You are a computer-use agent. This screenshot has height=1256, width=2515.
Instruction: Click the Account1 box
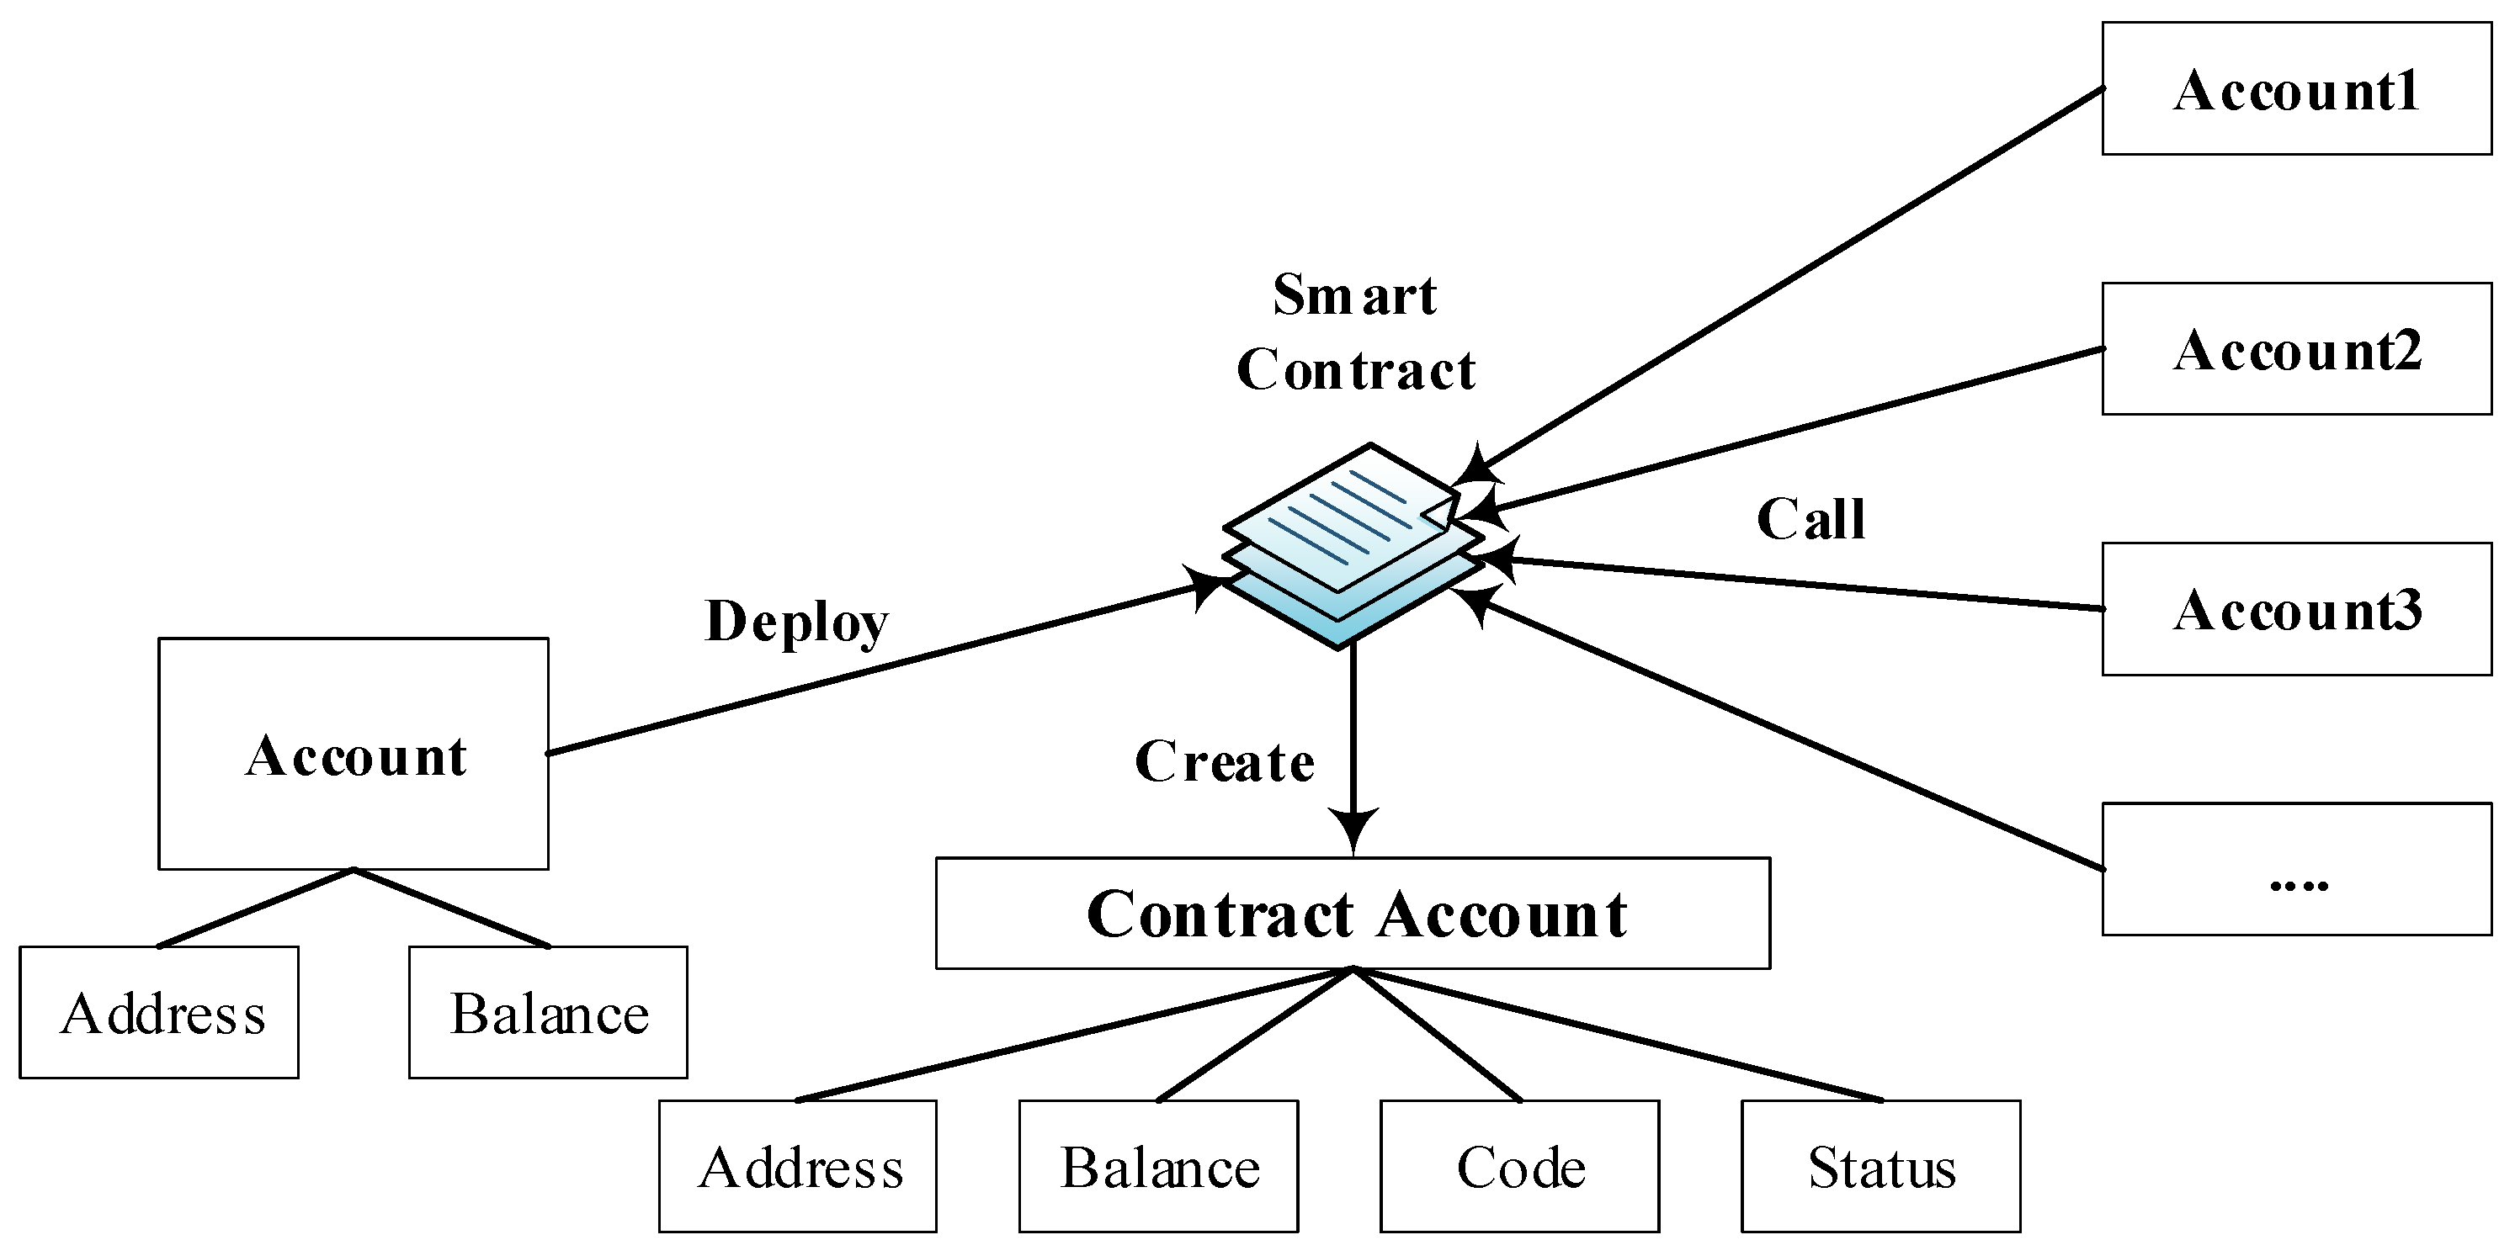(x=2295, y=89)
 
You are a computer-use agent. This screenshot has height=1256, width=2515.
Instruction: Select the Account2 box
(x=2295, y=349)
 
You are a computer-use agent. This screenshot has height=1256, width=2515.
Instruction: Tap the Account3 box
(x=2295, y=609)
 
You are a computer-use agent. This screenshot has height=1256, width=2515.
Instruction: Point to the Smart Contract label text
(x=1355, y=331)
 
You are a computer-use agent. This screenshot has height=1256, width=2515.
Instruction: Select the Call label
(x=1810, y=518)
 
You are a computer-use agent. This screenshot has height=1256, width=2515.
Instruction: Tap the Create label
(x=1225, y=761)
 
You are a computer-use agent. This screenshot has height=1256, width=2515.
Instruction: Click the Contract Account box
(x=1353, y=914)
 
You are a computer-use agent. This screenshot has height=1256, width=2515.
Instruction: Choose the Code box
(x=1519, y=1166)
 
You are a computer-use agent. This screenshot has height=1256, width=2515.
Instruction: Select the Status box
(x=1880, y=1166)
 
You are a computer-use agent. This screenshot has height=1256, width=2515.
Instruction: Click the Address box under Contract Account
(x=798, y=1166)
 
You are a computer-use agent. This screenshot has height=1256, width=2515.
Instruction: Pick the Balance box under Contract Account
(x=1158, y=1166)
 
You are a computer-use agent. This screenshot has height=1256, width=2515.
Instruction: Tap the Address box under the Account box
(x=159, y=1012)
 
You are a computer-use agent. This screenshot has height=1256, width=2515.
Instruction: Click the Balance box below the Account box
(x=548, y=1012)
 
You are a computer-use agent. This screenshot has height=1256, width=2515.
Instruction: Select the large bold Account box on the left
(x=354, y=754)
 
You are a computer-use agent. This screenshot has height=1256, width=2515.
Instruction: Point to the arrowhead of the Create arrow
(x=1353, y=829)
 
